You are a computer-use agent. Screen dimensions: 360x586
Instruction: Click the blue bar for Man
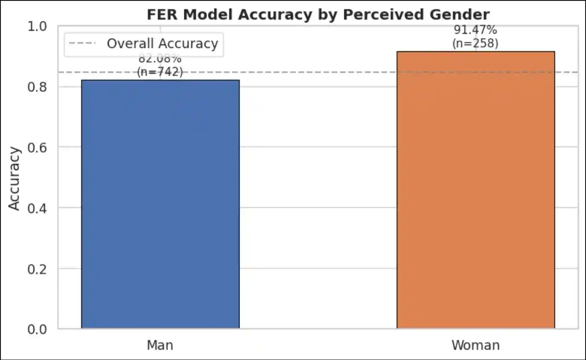pyautogui.click(x=160, y=204)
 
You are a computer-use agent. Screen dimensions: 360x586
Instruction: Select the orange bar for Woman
pyautogui.click(x=475, y=190)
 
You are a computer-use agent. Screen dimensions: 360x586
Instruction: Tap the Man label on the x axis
pyautogui.click(x=160, y=345)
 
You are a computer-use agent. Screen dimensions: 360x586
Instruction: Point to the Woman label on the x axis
pyautogui.click(x=475, y=345)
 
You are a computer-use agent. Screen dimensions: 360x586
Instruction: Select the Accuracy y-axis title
pyautogui.click(x=15, y=178)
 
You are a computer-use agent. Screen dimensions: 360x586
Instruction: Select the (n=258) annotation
pyautogui.click(x=475, y=43)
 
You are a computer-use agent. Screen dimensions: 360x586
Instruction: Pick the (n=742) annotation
pyautogui.click(x=160, y=72)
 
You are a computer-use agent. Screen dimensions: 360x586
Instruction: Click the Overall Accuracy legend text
pyautogui.click(x=162, y=44)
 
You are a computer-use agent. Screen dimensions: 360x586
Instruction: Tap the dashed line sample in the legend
pyautogui.click(x=84, y=44)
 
